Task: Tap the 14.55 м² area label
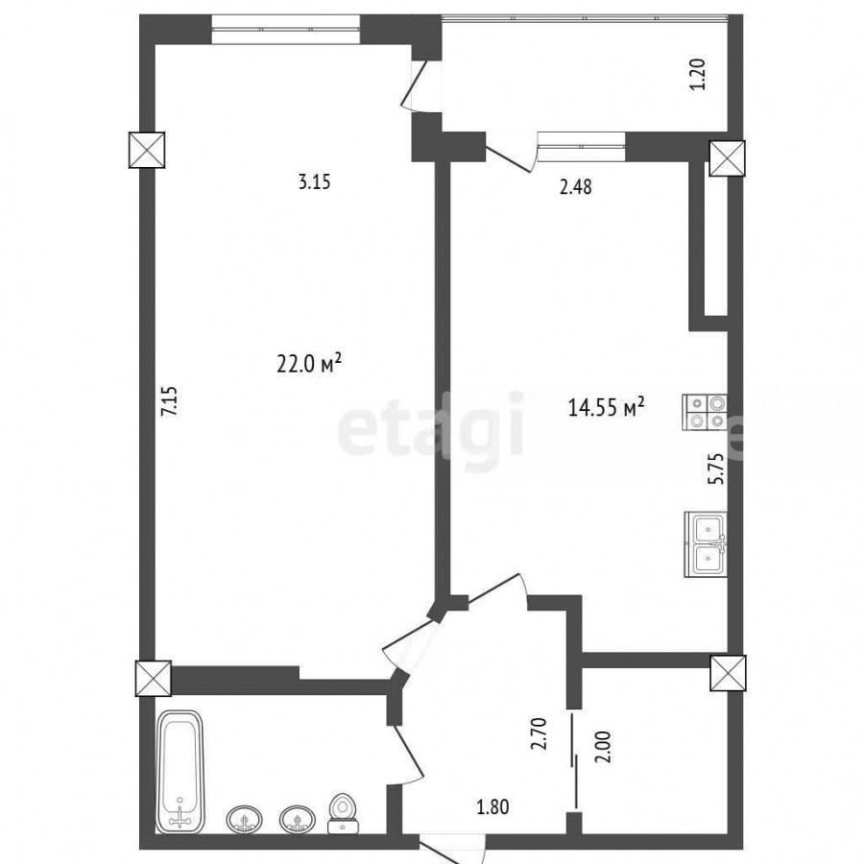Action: point(606,408)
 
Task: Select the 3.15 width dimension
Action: point(314,181)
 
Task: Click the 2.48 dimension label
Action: point(575,187)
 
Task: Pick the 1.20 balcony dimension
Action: point(698,74)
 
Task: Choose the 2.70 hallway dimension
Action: point(540,732)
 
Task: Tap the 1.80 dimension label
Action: point(492,807)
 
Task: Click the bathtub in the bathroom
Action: point(180,773)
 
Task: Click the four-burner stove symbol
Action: point(705,413)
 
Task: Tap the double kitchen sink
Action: point(706,544)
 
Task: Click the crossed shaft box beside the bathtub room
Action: point(153,679)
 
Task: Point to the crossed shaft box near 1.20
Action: point(727,158)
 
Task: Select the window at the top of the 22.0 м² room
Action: point(285,29)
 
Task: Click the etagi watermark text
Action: point(430,425)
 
